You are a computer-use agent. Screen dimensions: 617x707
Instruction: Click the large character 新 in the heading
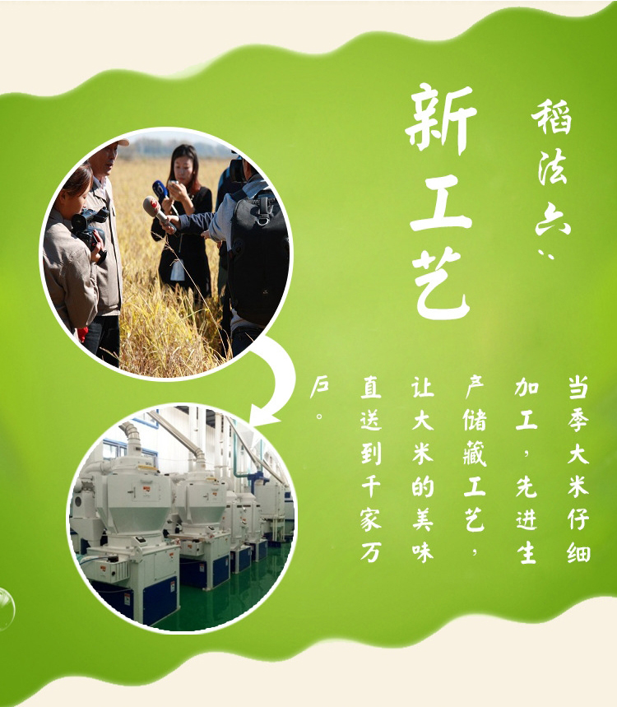click(441, 119)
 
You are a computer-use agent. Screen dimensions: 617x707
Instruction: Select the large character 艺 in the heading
click(441, 283)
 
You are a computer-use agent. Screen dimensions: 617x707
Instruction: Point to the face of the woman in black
click(183, 167)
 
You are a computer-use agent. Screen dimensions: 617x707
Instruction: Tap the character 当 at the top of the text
click(578, 388)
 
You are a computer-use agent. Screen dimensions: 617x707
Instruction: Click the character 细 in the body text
click(578, 552)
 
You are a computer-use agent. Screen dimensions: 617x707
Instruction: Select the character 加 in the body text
click(527, 387)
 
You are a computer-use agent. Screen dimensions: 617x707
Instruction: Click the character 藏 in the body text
click(475, 454)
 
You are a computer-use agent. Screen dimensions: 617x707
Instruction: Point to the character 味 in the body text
click(423, 553)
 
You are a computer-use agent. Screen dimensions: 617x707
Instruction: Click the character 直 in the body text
click(371, 388)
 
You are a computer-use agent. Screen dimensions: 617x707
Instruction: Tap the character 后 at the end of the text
click(319, 387)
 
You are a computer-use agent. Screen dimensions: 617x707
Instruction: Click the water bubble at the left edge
click(7, 609)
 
